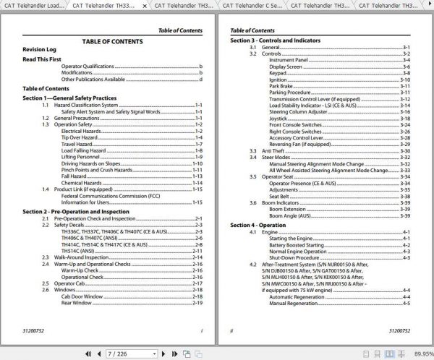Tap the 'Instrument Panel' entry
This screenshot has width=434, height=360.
289,60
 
